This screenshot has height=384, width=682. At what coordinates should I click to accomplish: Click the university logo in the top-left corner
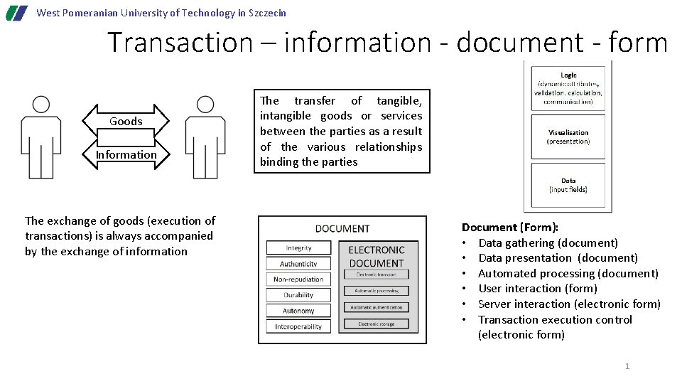17,13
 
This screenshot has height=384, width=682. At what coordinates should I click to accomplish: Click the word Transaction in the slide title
180,43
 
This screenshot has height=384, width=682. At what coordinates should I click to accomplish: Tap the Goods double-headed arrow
126,122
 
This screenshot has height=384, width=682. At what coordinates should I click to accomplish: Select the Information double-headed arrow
126,155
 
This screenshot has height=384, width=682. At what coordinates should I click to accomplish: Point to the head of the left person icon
41,105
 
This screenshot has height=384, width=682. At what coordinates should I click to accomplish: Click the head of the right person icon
205,105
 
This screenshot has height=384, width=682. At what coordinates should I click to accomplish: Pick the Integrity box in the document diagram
298,248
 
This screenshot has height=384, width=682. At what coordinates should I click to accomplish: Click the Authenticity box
298,264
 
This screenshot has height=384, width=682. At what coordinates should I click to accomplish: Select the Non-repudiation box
298,279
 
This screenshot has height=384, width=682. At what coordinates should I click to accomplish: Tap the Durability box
298,295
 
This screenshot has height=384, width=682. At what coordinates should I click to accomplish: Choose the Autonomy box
298,311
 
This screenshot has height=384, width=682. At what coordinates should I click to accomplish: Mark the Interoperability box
298,326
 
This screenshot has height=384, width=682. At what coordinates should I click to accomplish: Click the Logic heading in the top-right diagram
568,75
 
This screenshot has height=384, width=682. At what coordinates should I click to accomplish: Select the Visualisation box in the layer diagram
568,137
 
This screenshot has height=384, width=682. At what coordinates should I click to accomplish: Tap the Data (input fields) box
568,185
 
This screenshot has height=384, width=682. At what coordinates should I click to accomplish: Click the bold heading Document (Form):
510,228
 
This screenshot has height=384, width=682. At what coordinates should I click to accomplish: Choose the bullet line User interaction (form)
538,289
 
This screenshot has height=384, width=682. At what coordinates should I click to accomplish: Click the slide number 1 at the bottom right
627,366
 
